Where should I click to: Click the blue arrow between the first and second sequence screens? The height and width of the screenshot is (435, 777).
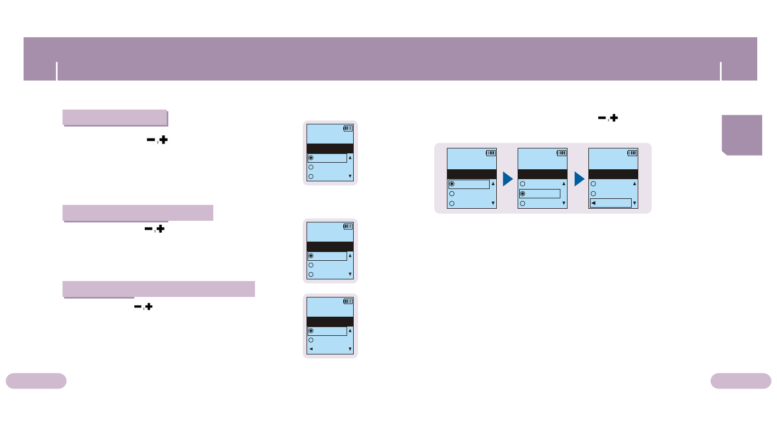(x=507, y=179)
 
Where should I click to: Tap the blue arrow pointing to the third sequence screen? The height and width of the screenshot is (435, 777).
(x=579, y=179)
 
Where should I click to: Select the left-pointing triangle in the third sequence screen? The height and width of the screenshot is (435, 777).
(x=594, y=203)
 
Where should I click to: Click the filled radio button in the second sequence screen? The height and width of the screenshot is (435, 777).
(x=523, y=193)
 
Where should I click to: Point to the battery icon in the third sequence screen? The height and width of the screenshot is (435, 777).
(x=632, y=153)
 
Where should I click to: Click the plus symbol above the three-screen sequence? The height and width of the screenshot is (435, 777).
(x=614, y=118)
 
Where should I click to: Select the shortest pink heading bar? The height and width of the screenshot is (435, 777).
(x=115, y=117)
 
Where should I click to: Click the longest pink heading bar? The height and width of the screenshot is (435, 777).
(x=158, y=289)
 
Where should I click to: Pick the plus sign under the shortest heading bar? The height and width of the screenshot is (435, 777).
(x=163, y=140)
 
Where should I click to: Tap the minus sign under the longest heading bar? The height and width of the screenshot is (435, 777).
(x=138, y=307)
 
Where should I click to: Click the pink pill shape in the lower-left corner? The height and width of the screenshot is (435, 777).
(x=36, y=381)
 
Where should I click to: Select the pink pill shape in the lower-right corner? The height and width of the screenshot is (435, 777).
(x=741, y=381)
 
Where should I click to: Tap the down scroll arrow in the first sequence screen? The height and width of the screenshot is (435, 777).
(x=493, y=203)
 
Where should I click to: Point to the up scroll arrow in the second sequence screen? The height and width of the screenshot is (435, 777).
(x=564, y=184)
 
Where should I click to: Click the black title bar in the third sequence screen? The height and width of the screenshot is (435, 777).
(x=613, y=174)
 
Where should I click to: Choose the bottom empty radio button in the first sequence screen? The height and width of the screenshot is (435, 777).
(x=452, y=203)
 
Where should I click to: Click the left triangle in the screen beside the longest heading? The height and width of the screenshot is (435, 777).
(x=311, y=349)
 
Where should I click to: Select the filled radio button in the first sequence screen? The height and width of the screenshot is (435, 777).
(x=452, y=184)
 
